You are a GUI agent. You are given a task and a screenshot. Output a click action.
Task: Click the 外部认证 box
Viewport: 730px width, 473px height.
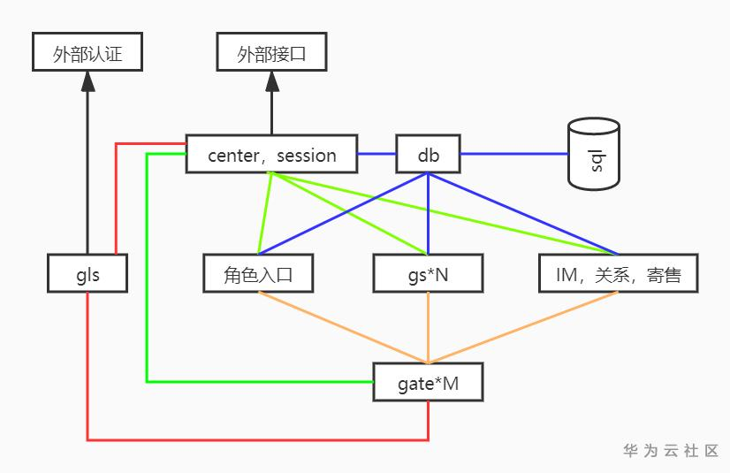tap(87, 51)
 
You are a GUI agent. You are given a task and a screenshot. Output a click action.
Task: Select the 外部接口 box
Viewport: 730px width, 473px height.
tap(271, 51)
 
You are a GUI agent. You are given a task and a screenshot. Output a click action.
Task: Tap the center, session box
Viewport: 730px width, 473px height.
tap(271, 154)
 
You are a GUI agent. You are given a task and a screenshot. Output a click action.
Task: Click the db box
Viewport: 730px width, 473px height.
tap(428, 154)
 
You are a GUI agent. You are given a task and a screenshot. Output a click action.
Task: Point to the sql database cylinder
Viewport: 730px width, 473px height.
tap(594, 154)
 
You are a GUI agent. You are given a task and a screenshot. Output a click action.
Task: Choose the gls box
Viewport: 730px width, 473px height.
tap(87, 273)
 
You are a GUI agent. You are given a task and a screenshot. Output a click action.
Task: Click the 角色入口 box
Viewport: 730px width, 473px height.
tap(258, 273)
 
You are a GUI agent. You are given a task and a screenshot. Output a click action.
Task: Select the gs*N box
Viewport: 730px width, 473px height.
tap(428, 273)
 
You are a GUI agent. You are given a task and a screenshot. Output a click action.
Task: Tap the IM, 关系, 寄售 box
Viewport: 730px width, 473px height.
tap(619, 273)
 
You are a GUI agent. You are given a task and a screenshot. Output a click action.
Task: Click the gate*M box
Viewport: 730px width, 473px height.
tap(428, 382)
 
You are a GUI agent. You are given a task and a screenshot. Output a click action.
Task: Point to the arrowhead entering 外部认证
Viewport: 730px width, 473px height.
tap(87, 81)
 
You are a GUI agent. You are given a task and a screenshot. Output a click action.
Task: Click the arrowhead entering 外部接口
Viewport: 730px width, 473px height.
tap(272, 81)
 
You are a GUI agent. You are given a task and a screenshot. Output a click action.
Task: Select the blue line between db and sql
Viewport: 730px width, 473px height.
tap(514, 154)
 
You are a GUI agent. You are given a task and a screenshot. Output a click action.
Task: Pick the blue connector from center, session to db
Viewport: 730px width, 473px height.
tap(376, 154)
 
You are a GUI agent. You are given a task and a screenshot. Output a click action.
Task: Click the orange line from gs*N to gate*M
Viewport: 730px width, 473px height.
tap(428, 327)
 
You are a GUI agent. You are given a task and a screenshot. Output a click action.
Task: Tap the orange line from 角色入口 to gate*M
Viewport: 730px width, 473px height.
tap(343, 327)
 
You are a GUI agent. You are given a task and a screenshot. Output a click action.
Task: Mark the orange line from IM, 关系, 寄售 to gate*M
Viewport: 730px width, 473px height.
tap(523, 327)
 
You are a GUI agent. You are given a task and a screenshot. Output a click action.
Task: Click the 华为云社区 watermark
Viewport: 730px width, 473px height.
tap(671, 451)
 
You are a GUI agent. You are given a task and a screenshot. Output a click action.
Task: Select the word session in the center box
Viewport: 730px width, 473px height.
tap(307, 156)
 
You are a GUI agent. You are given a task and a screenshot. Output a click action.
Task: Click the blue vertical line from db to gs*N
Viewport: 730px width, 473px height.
tap(428, 214)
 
